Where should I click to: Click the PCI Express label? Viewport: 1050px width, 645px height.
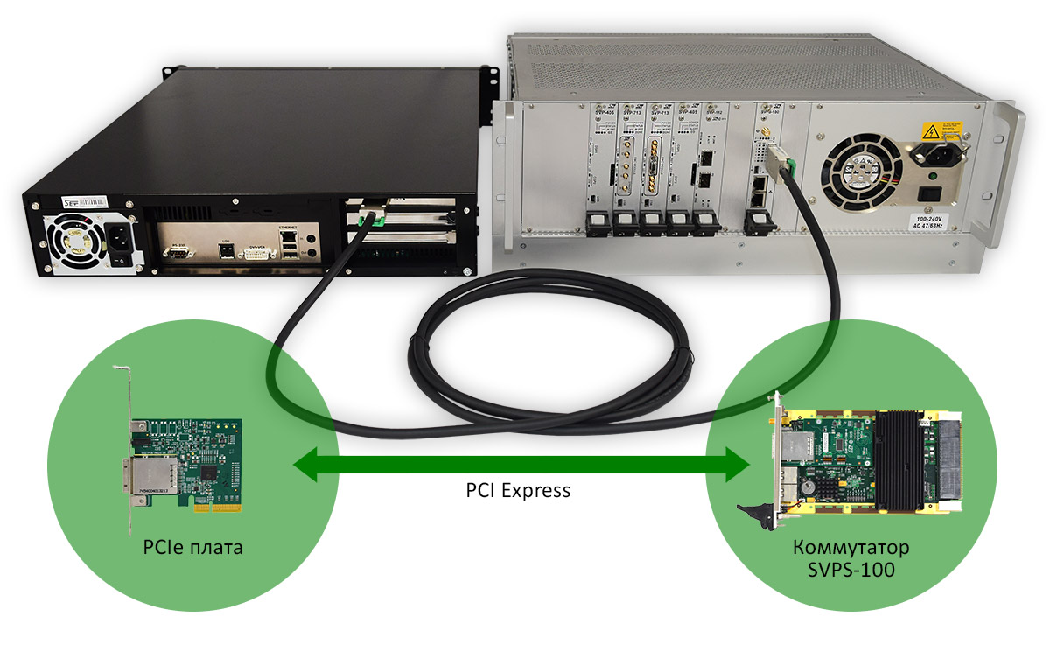[518, 490]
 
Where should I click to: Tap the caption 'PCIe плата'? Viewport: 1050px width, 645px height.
[192, 548]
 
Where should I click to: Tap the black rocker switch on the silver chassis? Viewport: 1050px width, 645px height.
[934, 195]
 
